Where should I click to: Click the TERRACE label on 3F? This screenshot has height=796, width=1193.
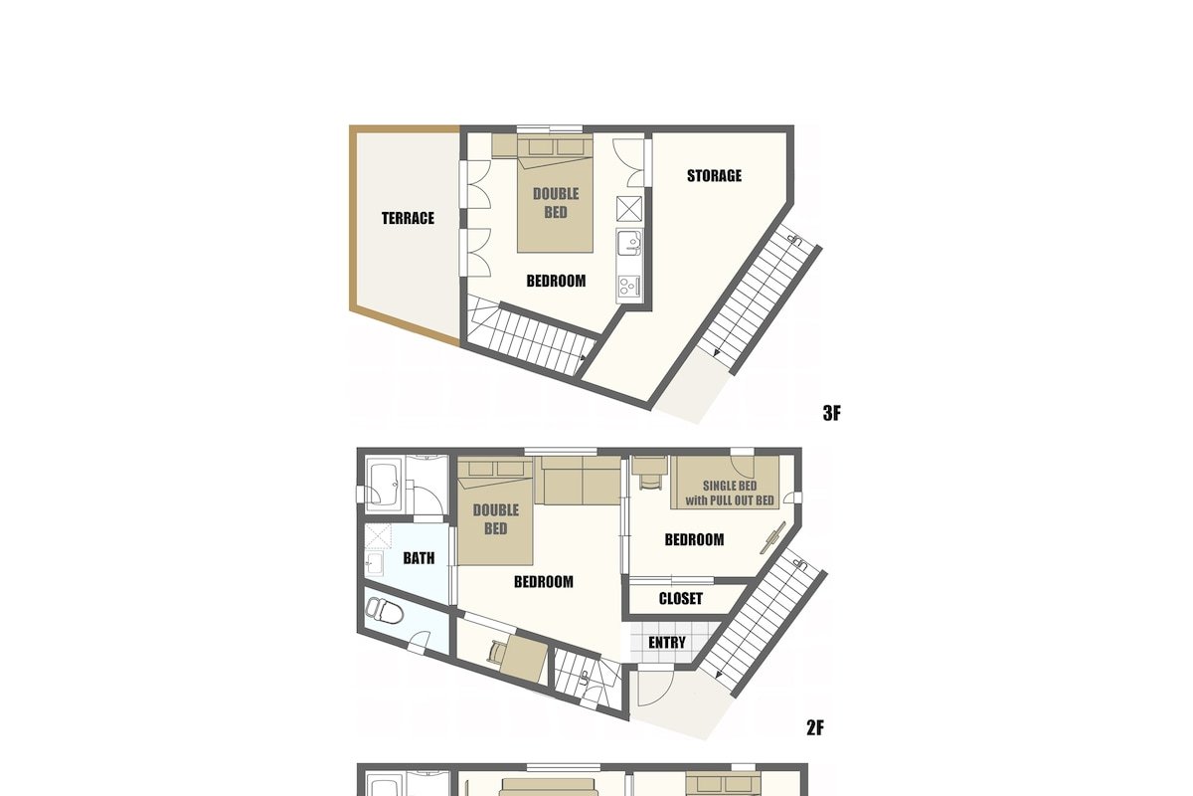[x=408, y=218]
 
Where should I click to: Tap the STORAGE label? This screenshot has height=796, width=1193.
[x=714, y=176]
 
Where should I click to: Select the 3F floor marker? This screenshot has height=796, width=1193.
[x=831, y=413]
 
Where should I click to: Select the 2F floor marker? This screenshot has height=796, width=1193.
[x=815, y=727]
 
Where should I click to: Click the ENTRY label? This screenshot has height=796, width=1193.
[x=667, y=643]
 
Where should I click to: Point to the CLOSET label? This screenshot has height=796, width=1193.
[x=681, y=598]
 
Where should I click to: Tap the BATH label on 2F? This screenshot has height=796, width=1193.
[x=419, y=558]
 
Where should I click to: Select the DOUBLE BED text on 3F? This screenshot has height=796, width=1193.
[x=556, y=203]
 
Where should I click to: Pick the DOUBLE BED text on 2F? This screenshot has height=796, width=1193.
[x=495, y=519]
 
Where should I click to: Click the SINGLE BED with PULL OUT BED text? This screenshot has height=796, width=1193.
[x=729, y=494]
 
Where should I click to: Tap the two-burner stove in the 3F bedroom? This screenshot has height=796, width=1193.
[x=629, y=286]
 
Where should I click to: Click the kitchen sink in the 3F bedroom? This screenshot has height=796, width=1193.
[x=629, y=244]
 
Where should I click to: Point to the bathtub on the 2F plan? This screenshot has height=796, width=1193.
[x=383, y=487]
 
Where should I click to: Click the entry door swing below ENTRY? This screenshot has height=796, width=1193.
[x=656, y=688]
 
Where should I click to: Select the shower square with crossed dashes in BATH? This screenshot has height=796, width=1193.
[x=378, y=537]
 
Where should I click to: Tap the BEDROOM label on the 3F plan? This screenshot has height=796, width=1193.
[x=556, y=281]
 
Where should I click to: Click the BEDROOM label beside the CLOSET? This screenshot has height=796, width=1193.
[x=694, y=540]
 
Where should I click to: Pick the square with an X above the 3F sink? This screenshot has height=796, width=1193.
[x=629, y=209]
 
